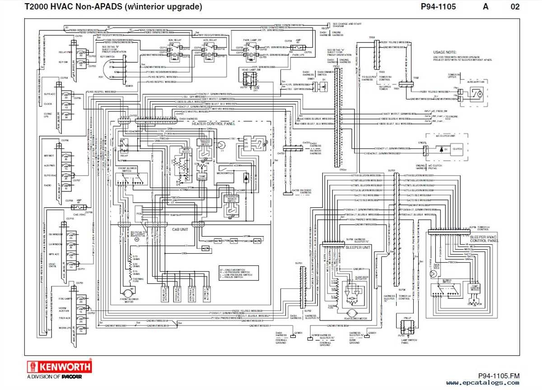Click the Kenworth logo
(59, 366)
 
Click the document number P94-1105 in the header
(438, 7)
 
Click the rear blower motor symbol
(350, 313)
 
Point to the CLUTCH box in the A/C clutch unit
(457, 149)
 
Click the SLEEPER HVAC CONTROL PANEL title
(484, 239)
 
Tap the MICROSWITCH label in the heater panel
(224, 172)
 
